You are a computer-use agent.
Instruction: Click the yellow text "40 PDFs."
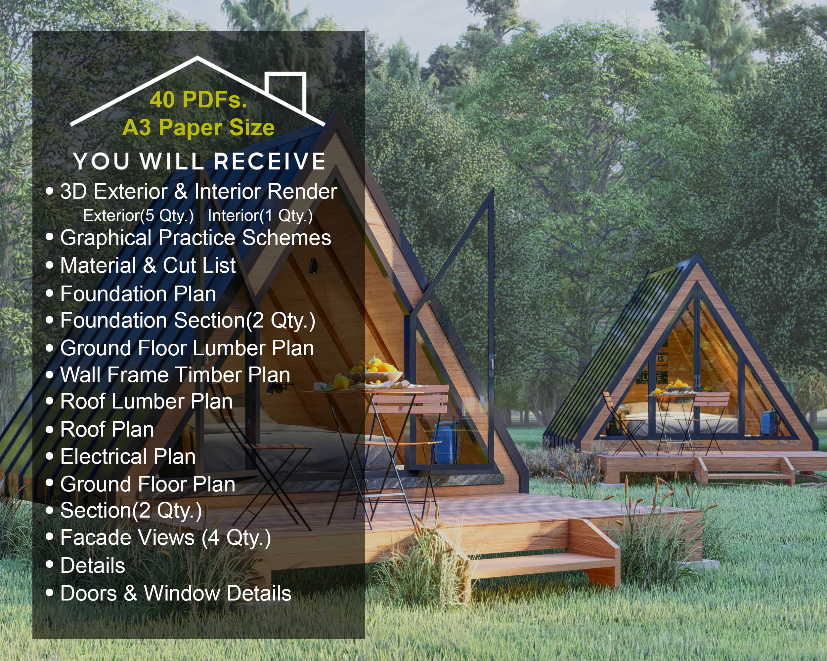[x=198, y=100]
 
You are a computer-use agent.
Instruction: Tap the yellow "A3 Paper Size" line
[x=198, y=128]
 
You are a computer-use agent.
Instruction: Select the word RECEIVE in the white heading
[x=269, y=161]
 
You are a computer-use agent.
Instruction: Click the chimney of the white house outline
[x=288, y=90]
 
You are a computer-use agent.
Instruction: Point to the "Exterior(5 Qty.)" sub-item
[x=138, y=216]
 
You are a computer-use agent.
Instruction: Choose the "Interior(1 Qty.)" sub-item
[x=260, y=216]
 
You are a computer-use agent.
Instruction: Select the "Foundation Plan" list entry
[x=138, y=294]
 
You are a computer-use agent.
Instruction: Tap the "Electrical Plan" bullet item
[x=128, y=456]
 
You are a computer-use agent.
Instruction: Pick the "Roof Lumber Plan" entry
[x=146, y=402]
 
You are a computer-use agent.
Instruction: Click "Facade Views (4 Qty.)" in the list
[x=165, y=538]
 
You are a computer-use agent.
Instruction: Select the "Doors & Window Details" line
[x=176, y=593]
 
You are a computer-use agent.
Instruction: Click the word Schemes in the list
[x=286, y=238]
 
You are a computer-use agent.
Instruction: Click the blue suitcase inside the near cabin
[x=445, y=443]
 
